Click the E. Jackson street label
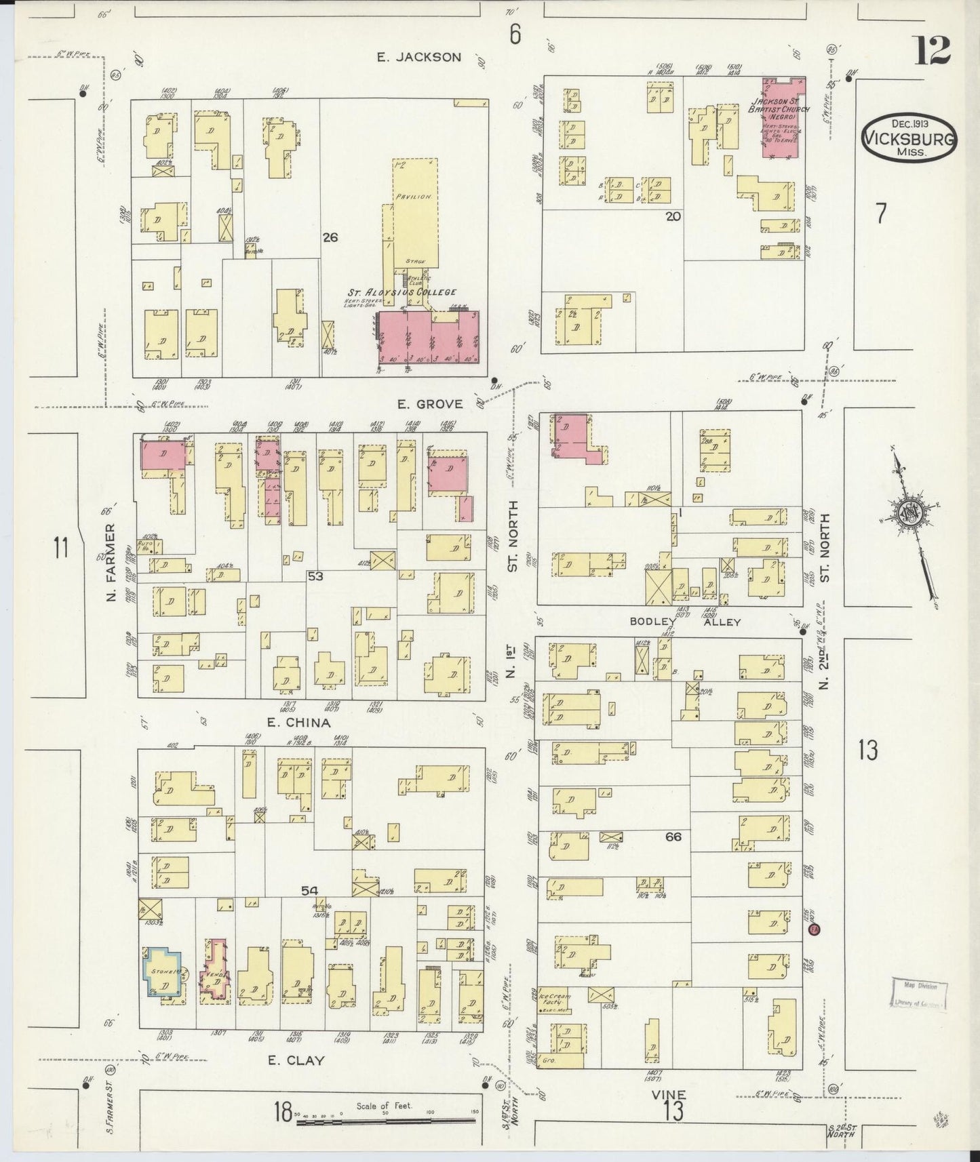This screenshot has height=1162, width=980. [x=419, y=58]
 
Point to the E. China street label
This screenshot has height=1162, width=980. [x=298, y=723]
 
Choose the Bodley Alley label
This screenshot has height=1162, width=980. [x=685, y=622]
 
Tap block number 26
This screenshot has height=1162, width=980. [x=330, y=237]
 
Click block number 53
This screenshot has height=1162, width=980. [x=315, y=576]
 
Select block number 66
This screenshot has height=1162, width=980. [x=673, y=837]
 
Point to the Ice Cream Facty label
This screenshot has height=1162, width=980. [x=555, y=1001]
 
